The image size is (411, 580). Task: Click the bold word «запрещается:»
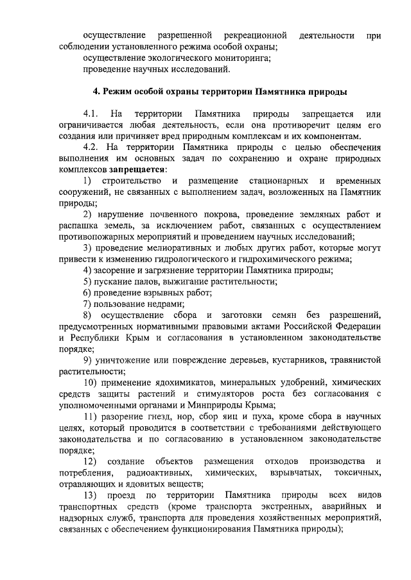(137, 170)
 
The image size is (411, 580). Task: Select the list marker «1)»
(87, 181)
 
